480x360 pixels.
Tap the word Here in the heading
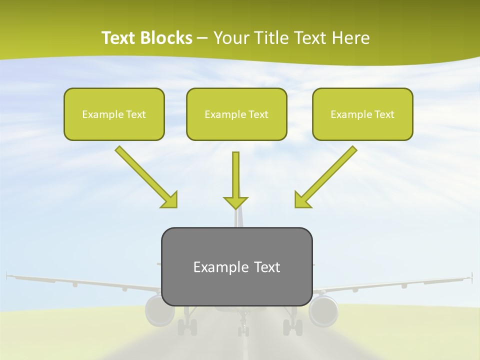pos(352,38)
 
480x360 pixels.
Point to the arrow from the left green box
pos(145,177)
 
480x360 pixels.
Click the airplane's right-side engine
pos(323,310)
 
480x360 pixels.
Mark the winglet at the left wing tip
pos(7,274)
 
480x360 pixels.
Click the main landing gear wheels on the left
pos(187,327)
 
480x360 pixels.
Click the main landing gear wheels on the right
pos(292,327)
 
